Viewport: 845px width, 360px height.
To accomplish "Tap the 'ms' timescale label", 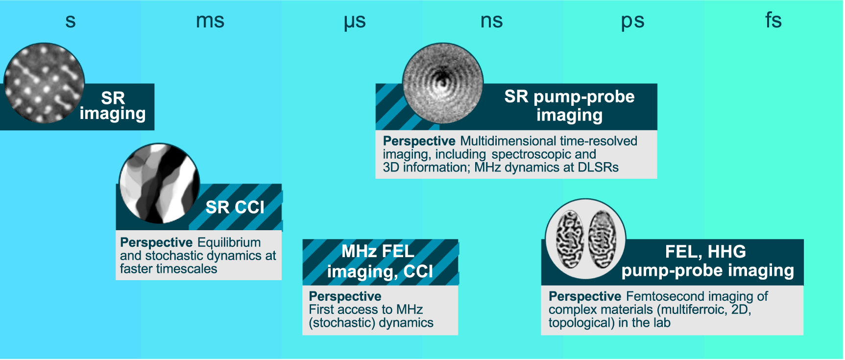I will coord(210,21).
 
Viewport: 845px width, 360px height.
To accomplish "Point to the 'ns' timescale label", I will coord(491,21).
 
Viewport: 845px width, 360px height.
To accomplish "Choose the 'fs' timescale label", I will coord(773,21).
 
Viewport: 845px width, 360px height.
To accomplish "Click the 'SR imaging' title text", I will coord(113,106).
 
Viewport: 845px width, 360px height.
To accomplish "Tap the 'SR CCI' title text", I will coord(235,207).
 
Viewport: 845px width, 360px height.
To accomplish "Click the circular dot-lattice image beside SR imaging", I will coord(44,83).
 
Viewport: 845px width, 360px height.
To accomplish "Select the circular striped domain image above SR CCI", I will coord(159,183).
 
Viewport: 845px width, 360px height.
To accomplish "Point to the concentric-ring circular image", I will coord(442,83).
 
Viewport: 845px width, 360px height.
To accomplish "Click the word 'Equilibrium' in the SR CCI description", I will coord(229,242).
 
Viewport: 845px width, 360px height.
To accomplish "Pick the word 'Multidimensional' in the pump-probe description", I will coord(508,141).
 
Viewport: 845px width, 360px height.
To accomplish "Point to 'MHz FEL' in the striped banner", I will coord(378,251).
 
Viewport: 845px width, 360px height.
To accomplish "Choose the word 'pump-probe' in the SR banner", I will coord(584,96).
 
